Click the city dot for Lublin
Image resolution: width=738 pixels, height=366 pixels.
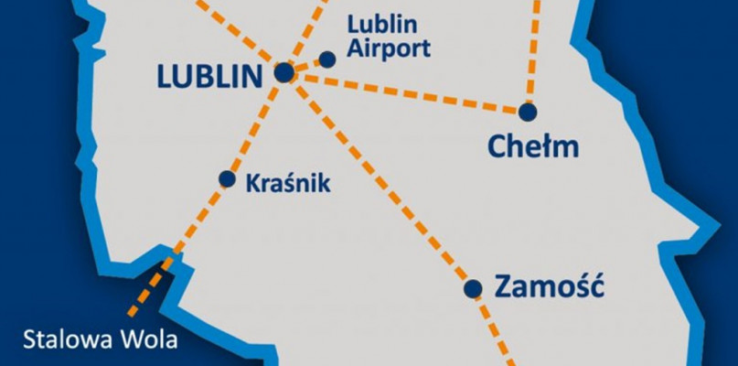[284, 71]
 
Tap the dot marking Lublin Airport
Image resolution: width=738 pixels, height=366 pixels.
[326, 59]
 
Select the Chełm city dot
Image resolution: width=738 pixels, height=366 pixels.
[528, 112]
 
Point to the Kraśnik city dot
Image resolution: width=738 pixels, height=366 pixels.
[227, 178]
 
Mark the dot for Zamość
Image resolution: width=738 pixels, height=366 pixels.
[473, 289]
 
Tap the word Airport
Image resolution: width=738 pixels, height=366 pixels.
[389, 49]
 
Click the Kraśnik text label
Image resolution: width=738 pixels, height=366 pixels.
[289, 183]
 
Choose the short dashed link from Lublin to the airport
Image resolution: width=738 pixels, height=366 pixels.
[307, 64]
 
